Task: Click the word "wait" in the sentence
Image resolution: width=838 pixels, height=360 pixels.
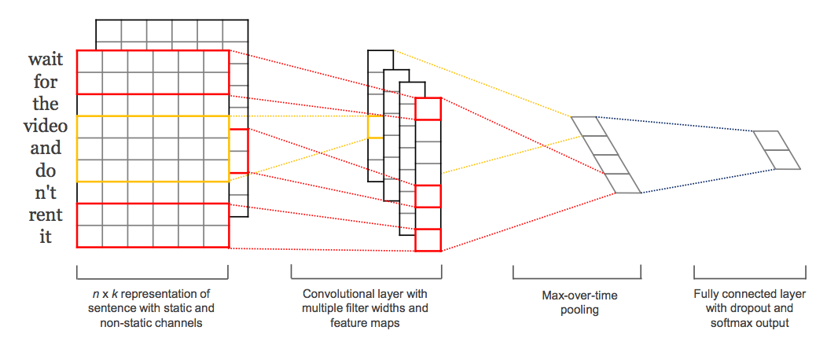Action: point(46,60)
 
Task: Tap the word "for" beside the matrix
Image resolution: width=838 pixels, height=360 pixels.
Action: point(46,82)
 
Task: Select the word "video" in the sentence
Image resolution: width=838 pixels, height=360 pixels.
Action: point(46,126)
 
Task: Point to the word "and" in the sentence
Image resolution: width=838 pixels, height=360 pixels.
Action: point(46,148)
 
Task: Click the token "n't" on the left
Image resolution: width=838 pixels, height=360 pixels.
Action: point(46,192)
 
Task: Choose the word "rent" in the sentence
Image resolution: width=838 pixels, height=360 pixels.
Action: point(46,214)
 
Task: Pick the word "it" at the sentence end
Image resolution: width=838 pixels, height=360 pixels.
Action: point(46,236)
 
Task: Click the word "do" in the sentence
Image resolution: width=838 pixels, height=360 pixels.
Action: point(46,170)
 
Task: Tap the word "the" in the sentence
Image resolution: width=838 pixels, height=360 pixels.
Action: point(46,104)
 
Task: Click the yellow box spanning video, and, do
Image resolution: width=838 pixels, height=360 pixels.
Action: point(153,149)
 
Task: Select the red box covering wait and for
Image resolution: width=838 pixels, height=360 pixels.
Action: point(153,72)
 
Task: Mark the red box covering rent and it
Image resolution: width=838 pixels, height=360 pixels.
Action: point(153,225)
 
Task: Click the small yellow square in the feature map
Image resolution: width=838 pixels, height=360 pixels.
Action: point(375,127)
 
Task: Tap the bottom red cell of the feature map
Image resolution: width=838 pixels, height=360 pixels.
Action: point(428,240)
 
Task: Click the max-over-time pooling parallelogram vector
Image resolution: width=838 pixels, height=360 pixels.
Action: point(606,155)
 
